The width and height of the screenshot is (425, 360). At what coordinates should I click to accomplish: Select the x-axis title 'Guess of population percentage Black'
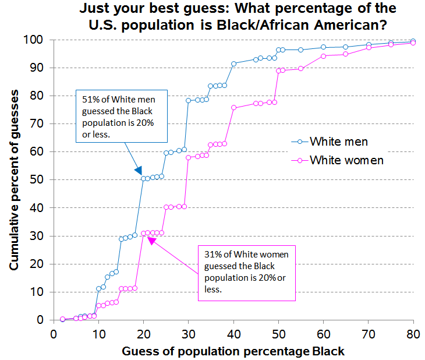pos(233,351)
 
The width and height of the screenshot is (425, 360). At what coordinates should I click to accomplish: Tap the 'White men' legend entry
pos(338,141)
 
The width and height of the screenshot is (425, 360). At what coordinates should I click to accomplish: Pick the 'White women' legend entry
pos(346,160)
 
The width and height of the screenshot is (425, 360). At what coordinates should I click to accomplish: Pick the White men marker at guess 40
pos(233,63)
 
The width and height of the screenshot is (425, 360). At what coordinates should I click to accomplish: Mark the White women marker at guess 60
pos(324,56)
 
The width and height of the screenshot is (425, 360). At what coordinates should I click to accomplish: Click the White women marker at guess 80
pos(413,43)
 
